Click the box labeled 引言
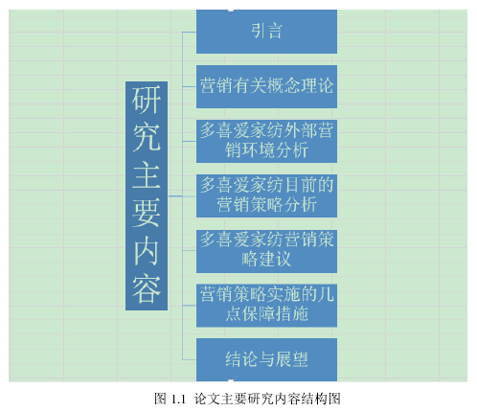pos(266,32)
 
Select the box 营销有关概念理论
pos(266,86)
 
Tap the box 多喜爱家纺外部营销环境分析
pos(266,141)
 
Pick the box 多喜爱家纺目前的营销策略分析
pos(266,195)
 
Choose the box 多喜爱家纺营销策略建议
pos(266,251)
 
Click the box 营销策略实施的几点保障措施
pos(266,306)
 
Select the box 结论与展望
pos(266,359)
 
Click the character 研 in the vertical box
pos(147,100)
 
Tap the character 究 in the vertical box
pos(147,137)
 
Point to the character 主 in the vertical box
pos(147,175)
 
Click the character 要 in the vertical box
pos(147,213)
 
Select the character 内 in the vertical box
pos(147,252)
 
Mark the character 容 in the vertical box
pos(147,289)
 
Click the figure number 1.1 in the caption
pos(178,400)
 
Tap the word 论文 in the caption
pos(207,399)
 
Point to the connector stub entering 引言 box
pos(189,33)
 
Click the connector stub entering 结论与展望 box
pos(189,360)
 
